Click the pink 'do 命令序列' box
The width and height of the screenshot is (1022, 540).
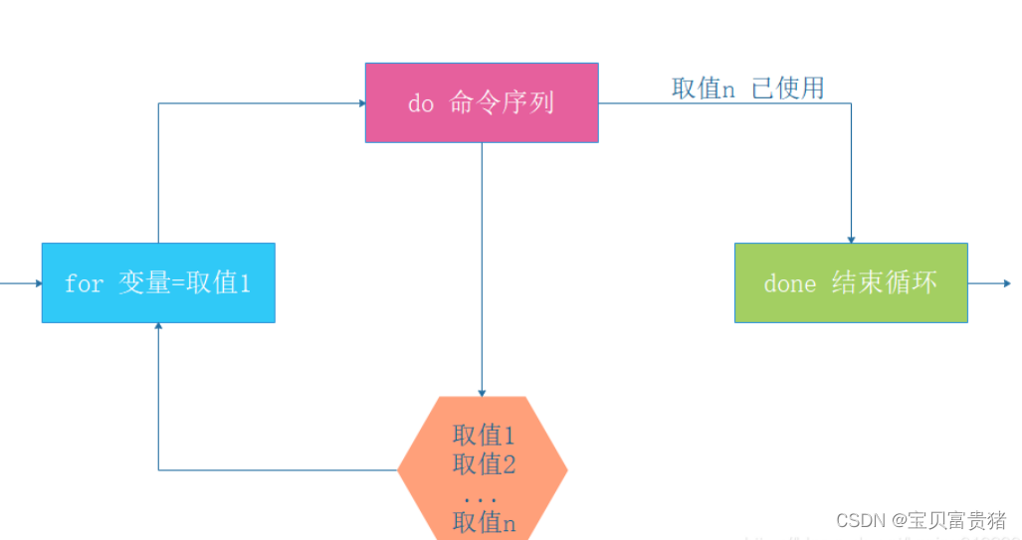click(x=482, y=102)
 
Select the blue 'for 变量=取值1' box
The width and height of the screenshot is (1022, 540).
click(x=158, y=282)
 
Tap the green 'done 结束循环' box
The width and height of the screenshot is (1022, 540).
click(x=851, y=282)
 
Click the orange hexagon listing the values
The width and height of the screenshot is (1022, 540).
click(x=483, y=467)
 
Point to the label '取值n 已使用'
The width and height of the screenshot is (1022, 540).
click(x=747, y=88)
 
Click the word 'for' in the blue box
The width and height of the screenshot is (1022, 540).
click(x=84, y=283)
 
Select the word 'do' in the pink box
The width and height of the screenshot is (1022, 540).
click(x=421, y=103)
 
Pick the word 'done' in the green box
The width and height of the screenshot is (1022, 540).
click(x=790, y=283)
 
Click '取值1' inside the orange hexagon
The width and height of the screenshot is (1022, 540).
click(x=484, y=435)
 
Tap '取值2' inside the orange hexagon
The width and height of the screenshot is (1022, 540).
click(x=484, y=463)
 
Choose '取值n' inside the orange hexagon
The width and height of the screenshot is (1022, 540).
click(x=484, y=522)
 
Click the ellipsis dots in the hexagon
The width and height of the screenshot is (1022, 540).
click(x=483, y=496)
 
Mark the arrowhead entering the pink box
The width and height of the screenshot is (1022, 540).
click(x=360, y=101)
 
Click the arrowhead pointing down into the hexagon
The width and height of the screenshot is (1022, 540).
click(x=482, y=392)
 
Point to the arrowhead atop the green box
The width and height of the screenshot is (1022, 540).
click(x=851, y=239)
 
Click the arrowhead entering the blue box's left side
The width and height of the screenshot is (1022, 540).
click(x=38, y=282)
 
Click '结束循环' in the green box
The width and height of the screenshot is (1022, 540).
click(x=885, y=282)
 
